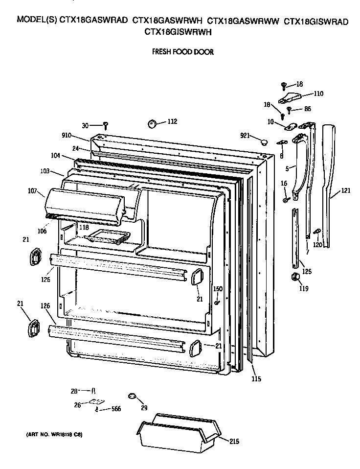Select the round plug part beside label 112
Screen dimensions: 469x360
[153, 123]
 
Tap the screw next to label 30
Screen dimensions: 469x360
[105, 126]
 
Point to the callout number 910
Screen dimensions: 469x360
[67, 135]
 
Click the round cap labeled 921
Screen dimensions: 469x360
[265, 141]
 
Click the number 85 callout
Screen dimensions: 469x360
[308, 109]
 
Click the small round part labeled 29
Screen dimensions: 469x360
[132, 395]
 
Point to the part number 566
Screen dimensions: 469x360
[115, 409]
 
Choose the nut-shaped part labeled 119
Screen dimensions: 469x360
[295, 278]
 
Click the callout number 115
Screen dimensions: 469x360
[256, 378]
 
